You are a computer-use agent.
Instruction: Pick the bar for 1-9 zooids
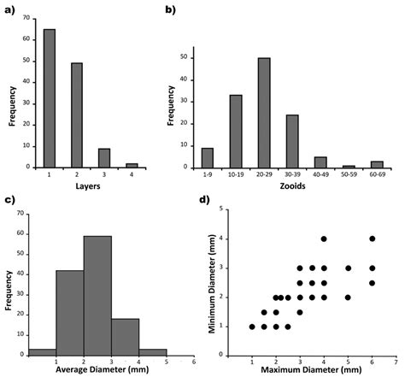coord(208,158)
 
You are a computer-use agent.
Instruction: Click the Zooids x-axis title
coord(292,195)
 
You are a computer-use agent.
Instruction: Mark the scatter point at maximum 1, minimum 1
coord(252,326)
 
